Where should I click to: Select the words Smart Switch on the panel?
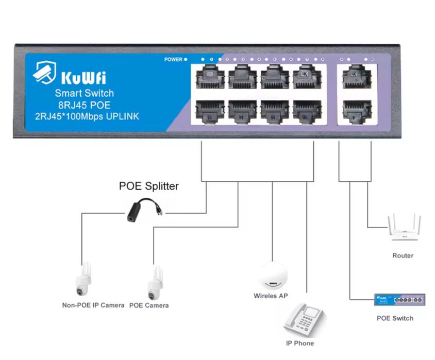pos(84,93)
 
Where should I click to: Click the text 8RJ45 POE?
pos(84,105)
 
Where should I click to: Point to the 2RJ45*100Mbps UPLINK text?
pos(84,116)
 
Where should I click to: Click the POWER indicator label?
pos(173,59)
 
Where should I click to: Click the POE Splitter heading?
pos(148,186)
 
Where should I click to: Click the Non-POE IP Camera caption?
pos(93,305)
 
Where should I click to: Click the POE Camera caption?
pos(149,305)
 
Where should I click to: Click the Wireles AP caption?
pos(271,296)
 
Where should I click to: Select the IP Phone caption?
pos(299,343)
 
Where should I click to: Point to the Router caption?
pos(403,255)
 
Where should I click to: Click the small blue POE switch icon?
pos(400,299)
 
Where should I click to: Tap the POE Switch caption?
pos(395,318)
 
